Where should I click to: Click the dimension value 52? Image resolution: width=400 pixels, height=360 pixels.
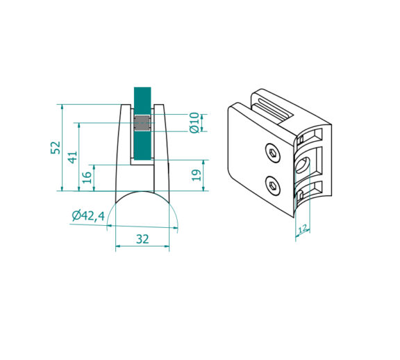coord(56,147)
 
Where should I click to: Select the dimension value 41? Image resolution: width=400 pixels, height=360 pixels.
coord(72,157)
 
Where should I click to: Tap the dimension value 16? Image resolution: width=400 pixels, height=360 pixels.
coord(87,177)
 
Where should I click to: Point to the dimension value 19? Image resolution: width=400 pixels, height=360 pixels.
coord(197,175)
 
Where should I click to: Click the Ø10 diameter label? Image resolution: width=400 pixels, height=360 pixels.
coord(194,122)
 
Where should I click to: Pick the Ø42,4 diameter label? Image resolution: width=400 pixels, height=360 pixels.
coord(88,216)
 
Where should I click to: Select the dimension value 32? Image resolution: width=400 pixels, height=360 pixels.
coord(142,239)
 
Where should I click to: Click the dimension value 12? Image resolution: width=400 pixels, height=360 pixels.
coord(302,229)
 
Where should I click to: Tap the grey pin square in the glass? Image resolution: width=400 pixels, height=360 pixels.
coord(142,123)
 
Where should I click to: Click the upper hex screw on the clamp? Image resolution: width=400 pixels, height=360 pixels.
coord(273,153)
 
